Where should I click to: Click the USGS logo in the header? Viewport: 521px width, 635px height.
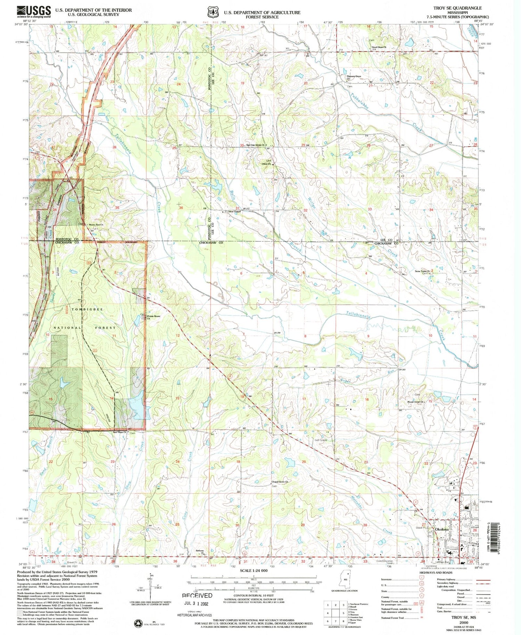pos(34,12)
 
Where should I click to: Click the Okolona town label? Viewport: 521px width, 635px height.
pos(441,529)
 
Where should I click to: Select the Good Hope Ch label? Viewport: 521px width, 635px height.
pos(379,47)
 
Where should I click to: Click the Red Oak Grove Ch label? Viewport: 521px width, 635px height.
pos(255,145)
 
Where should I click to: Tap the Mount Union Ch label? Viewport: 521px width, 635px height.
pos(416,402)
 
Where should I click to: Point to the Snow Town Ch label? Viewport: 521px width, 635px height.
pos(423,271)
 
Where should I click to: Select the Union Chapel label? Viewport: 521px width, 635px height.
pos(233,212)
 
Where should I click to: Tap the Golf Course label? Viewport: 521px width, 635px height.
pos(321,440)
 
